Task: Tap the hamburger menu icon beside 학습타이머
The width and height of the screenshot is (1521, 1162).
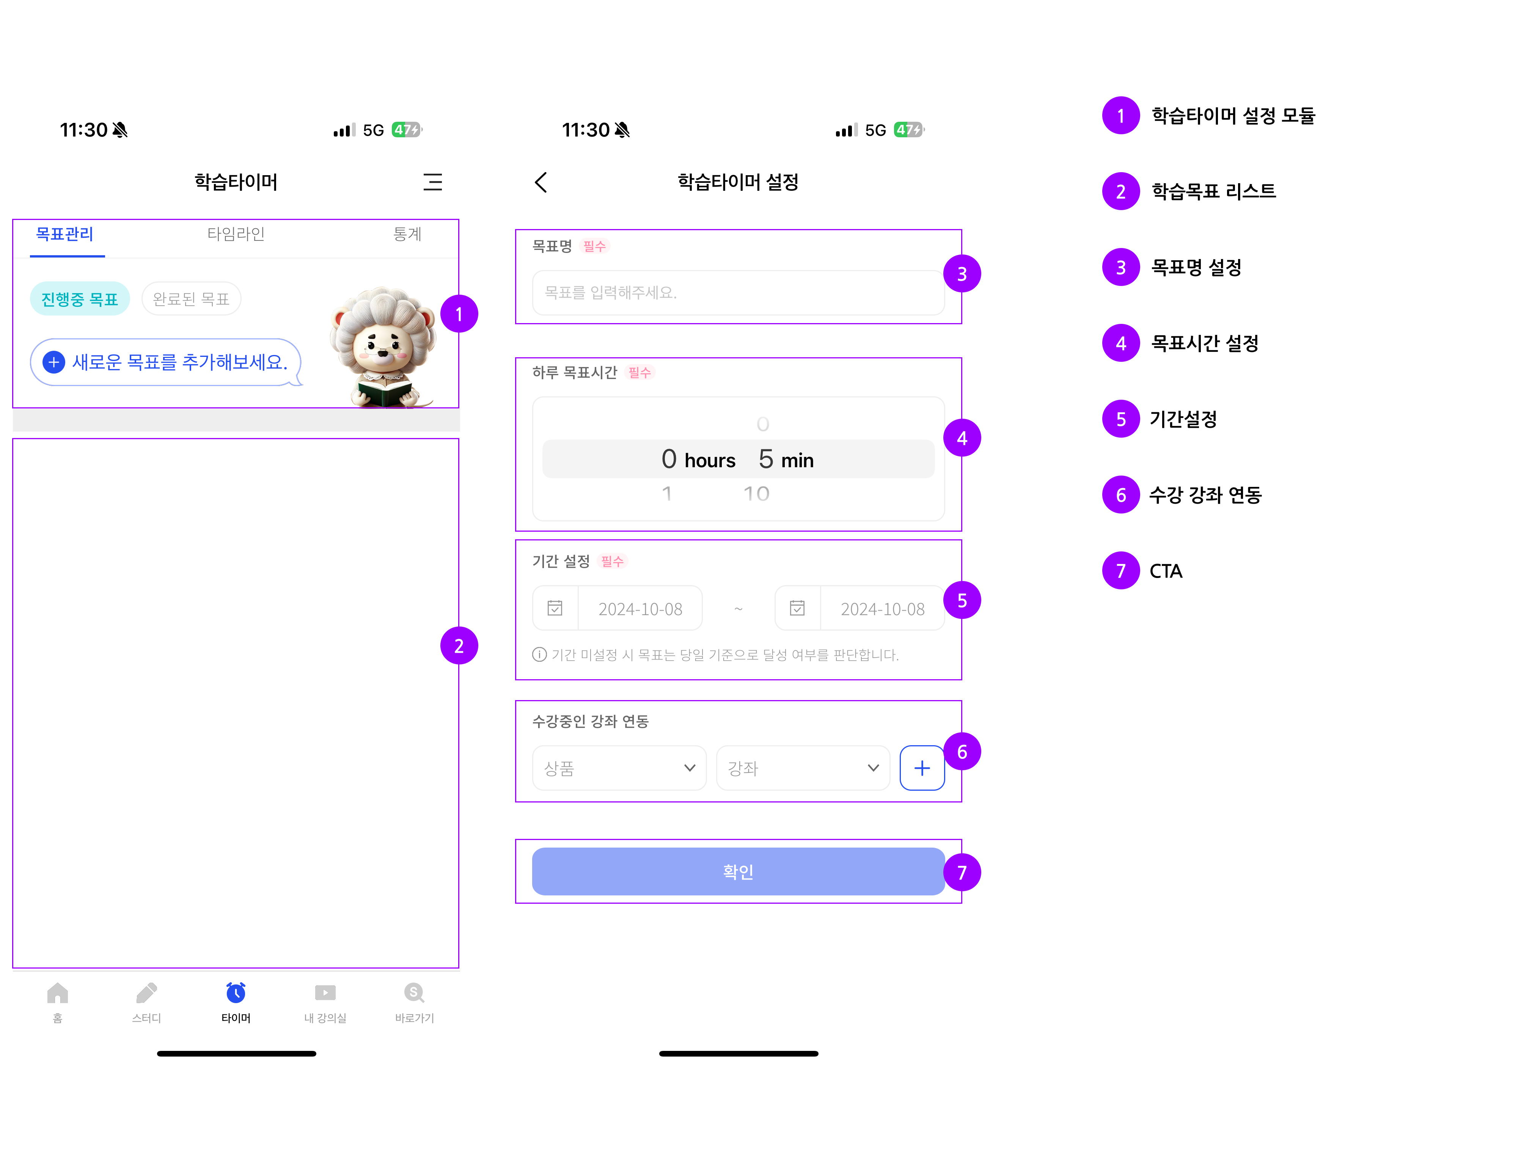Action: point(432,182)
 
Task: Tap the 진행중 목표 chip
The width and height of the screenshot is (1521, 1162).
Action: point(80,299)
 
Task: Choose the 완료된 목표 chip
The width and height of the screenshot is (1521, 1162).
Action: point(191,299)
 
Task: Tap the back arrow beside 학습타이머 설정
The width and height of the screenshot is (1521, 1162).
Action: point(541,182)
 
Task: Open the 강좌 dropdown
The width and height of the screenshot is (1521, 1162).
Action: point(802,768)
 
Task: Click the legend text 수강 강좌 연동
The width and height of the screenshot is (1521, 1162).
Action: point(1205,495)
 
